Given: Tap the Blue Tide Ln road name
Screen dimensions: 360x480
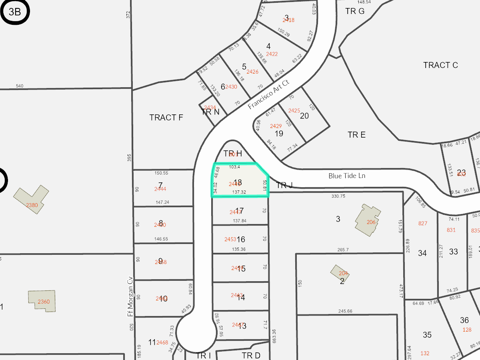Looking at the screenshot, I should [x=347, y=176].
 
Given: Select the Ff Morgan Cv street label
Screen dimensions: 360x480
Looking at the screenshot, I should [x=130, y=292].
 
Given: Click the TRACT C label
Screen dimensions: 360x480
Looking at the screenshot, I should [x=440, y=65].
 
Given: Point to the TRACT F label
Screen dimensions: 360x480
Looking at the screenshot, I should [x=166, y=118].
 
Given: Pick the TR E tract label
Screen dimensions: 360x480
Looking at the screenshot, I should [x=356, y=135].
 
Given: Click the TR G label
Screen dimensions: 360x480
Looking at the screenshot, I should [x=355, y=11].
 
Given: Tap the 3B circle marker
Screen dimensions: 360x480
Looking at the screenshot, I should [x=15, y=12].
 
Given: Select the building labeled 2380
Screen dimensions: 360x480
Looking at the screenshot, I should [x=32, y=200].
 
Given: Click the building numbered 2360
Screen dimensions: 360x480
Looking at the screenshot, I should [x=42, y=301].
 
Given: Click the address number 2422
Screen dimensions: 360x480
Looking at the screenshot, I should [x=272, y=54].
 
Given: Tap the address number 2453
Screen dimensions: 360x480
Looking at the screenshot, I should [x=230, y=239].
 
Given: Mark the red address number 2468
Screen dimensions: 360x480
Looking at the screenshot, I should [x=162, y=342].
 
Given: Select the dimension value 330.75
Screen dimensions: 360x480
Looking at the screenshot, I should [x=338, y=196].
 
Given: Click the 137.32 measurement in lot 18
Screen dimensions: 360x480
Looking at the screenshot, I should [x=239, y=192].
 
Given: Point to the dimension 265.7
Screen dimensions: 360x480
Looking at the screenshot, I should [x=343, y=250].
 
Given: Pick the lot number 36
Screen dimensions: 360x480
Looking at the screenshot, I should [x=464, y=320].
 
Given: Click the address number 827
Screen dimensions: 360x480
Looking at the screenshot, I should [x=423, y=223].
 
